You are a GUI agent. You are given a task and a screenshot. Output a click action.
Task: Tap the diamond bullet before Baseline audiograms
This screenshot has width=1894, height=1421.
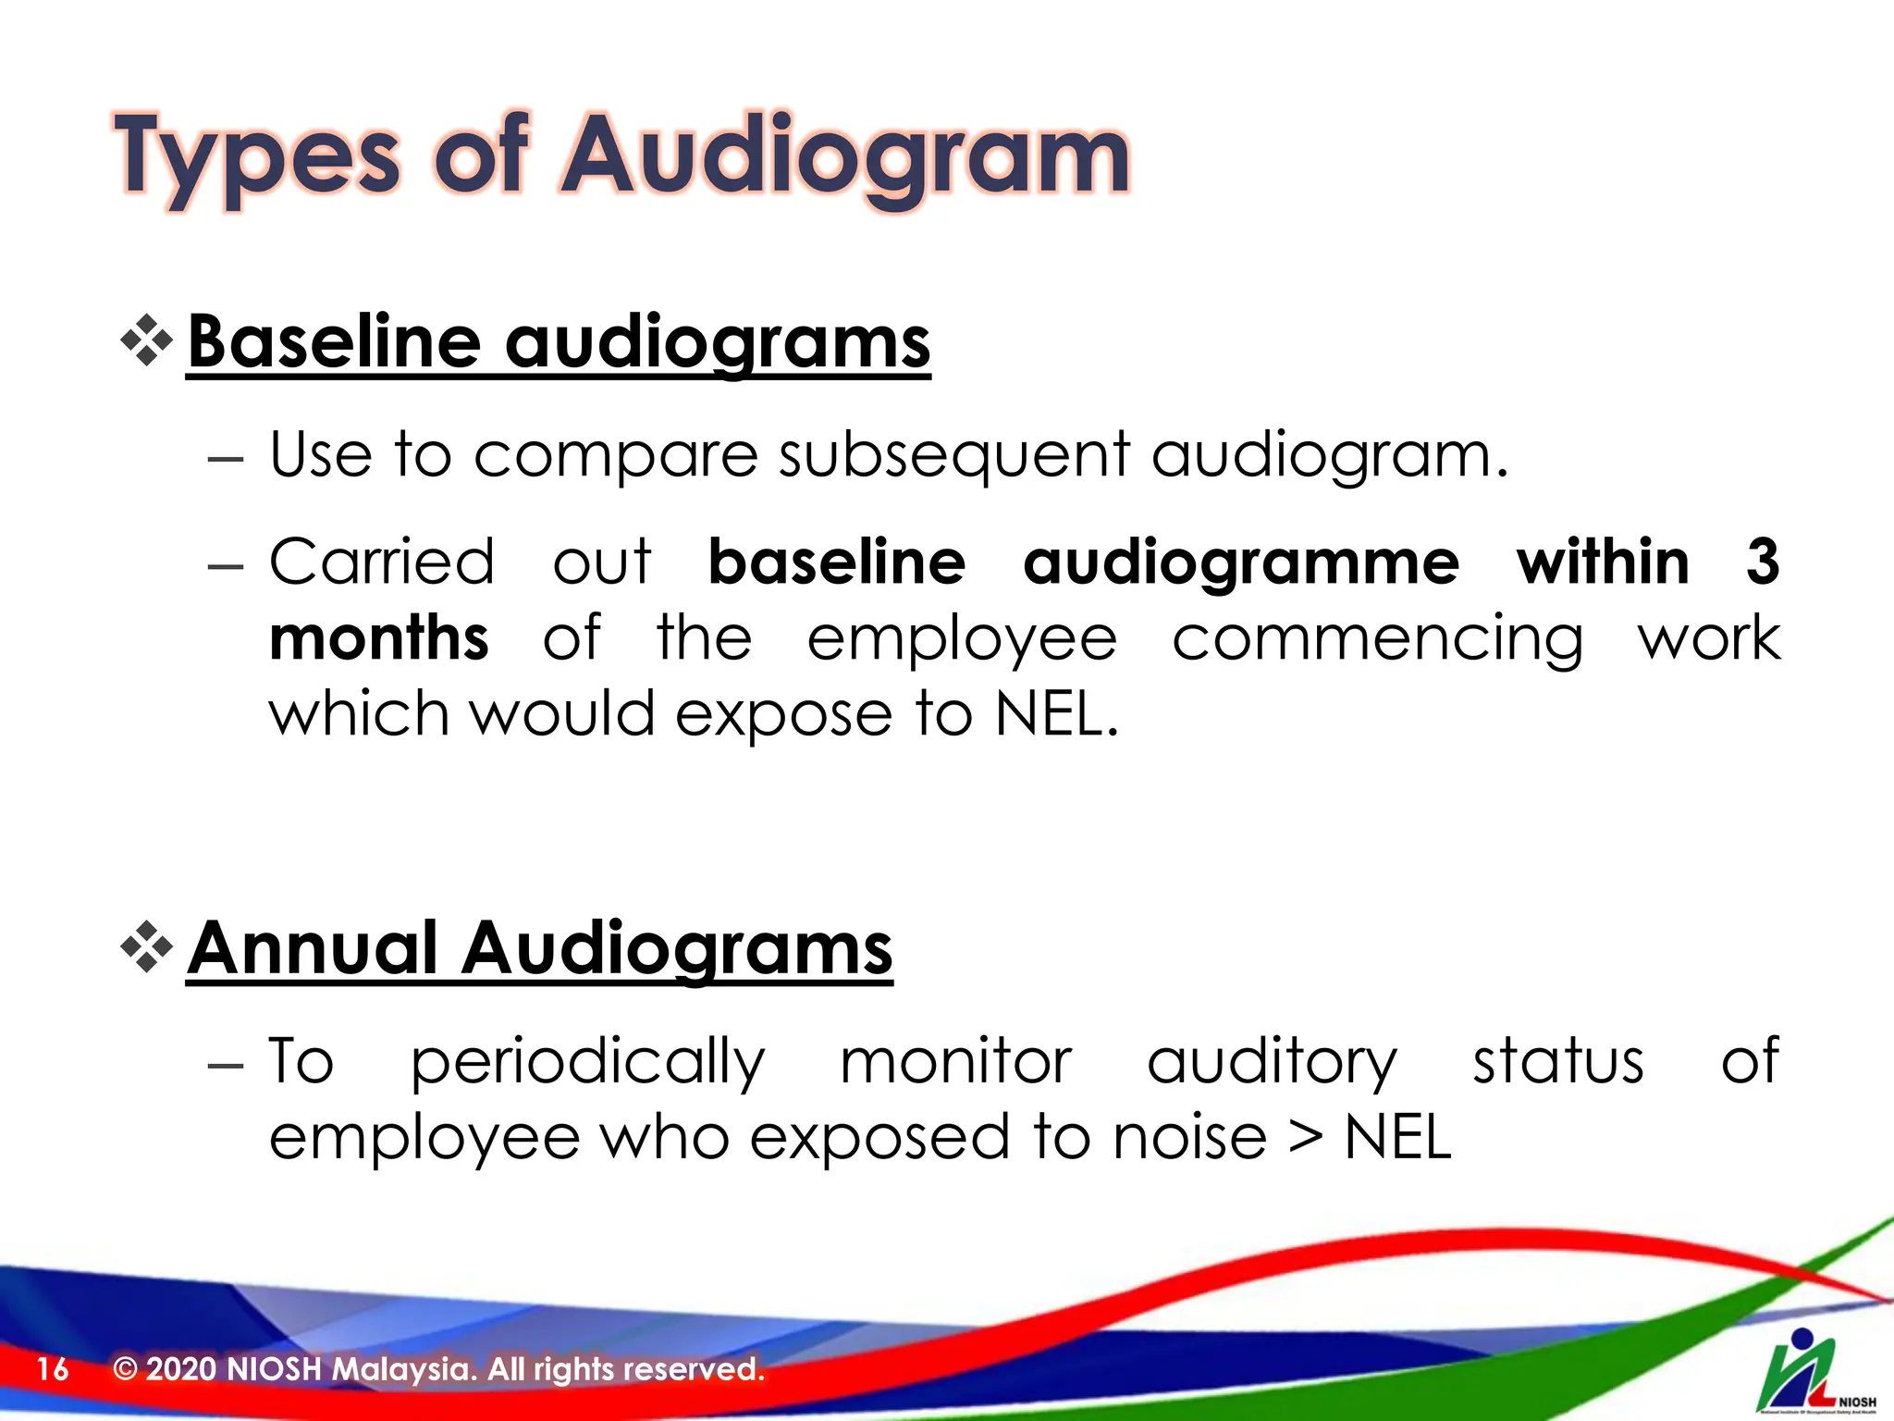pos(147,340)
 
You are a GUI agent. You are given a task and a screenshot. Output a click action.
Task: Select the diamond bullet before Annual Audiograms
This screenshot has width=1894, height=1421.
pos(147,946)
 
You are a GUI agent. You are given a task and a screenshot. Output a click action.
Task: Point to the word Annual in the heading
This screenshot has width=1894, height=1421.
pos(313,948)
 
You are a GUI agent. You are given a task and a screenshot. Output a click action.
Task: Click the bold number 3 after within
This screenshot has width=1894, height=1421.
pos(1762,562)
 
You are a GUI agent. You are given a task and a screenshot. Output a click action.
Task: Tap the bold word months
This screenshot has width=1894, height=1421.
pos(378,638)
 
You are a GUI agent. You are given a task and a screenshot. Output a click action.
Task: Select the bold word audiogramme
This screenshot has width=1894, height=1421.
pos(1241,562)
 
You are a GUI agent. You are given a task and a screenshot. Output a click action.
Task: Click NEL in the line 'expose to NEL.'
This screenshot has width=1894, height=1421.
pos(1056,714)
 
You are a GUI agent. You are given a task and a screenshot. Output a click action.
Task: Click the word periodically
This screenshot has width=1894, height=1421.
pos(588,1062)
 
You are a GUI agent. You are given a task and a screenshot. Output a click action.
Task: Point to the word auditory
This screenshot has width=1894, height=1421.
pos(1272,1062)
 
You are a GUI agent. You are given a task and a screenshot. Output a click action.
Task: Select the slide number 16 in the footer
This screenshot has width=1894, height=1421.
pos(53,1369)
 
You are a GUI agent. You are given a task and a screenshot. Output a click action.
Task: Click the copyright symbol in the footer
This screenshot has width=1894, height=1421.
pos(125,1368)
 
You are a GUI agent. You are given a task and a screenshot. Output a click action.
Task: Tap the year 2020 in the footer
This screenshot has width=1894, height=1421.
pos(180,1368)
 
